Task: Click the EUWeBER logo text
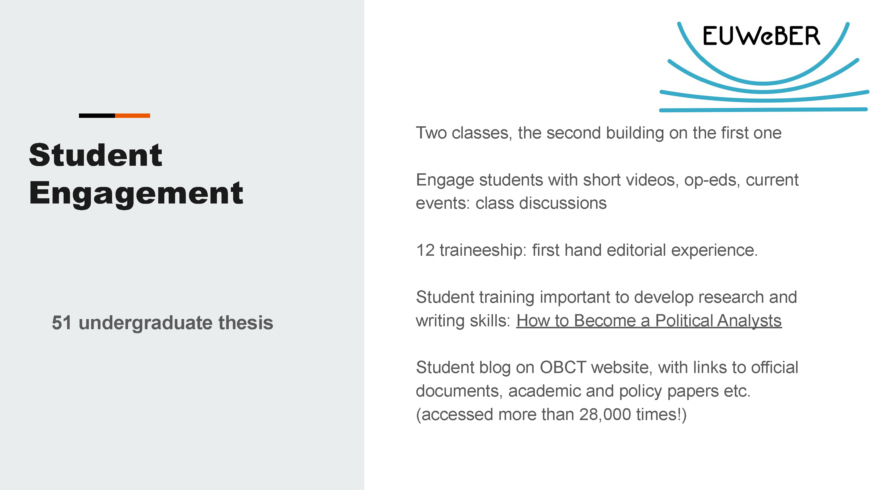coord(762,36)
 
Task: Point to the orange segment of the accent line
coord(133,116)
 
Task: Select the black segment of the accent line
coord(97,116)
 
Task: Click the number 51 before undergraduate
coord(62,323)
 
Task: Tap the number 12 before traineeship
coord(425,251)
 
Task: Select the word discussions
coord(563,203)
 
